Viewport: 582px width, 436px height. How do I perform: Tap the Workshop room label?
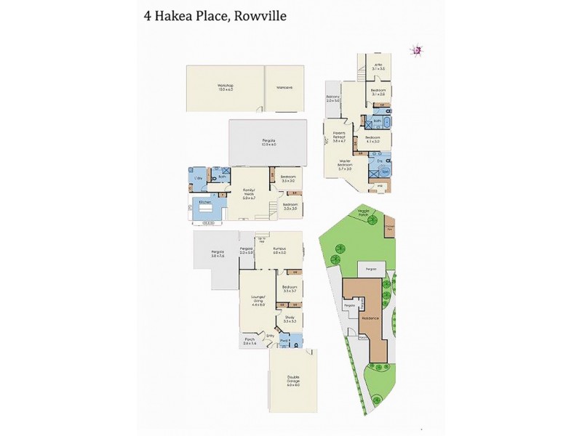click(x=225, y=87)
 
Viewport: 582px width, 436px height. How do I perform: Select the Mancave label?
click(x=284, y=88)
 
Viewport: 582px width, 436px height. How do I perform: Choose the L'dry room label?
click(x=196, y=178)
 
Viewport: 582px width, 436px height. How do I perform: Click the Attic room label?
click(x=378, y=66)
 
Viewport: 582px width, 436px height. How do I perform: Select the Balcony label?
click(x=333, y=98)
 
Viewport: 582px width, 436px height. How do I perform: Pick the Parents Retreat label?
click(x=339, y=136)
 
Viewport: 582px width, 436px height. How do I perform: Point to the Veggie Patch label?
click(x=364, y=212)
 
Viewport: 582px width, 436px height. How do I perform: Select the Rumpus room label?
click(x=279, y=251)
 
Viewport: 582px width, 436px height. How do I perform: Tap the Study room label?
click(x=289, y=319)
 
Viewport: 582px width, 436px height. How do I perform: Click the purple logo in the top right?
click(x=417, y=49)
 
